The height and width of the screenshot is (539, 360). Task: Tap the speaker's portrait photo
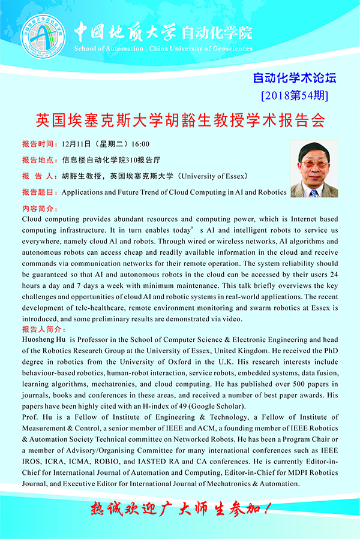(314, 169)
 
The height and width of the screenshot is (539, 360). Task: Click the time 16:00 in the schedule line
(140, 144)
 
